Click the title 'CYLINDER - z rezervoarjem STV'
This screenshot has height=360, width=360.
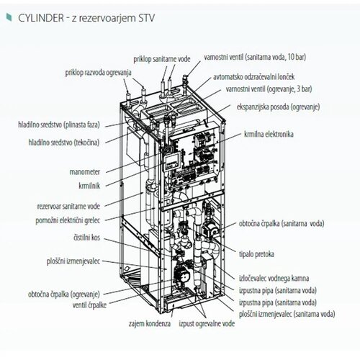[x=86, y=18]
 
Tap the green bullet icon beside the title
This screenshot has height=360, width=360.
[x=9, y=17]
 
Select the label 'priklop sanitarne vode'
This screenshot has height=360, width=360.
[x=162, y=59]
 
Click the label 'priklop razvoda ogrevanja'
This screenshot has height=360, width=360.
[x=98, y=73]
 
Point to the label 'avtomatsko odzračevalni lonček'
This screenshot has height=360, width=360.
[x=253, y=77]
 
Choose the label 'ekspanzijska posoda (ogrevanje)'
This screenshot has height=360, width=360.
[x=278, y=107]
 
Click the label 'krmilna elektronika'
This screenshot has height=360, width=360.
[x=269, y=134]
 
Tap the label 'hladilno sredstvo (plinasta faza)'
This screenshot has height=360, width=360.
[x=59, y=125]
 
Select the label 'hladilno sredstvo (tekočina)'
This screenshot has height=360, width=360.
[x=64, y=143]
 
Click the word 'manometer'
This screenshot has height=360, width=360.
[x=84, y=172]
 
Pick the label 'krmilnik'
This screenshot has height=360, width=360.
[x=89, y=185]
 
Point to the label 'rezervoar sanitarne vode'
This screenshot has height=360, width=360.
[x=68, y=206]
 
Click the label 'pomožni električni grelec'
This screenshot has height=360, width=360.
[x=68, y=220]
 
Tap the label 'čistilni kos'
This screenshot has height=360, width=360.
[x=86, y=238]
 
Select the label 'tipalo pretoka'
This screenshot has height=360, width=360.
[x=256, y=254]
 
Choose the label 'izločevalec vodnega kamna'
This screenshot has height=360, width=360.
[x=274, y=278]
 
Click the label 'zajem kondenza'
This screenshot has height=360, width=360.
[x=150, y=323]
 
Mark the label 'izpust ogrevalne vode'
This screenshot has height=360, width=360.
[x=207, y=323]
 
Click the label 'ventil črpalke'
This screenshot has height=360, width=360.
[x=89, y=305]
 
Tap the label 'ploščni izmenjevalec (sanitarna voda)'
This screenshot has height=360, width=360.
[x=287, y=314]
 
